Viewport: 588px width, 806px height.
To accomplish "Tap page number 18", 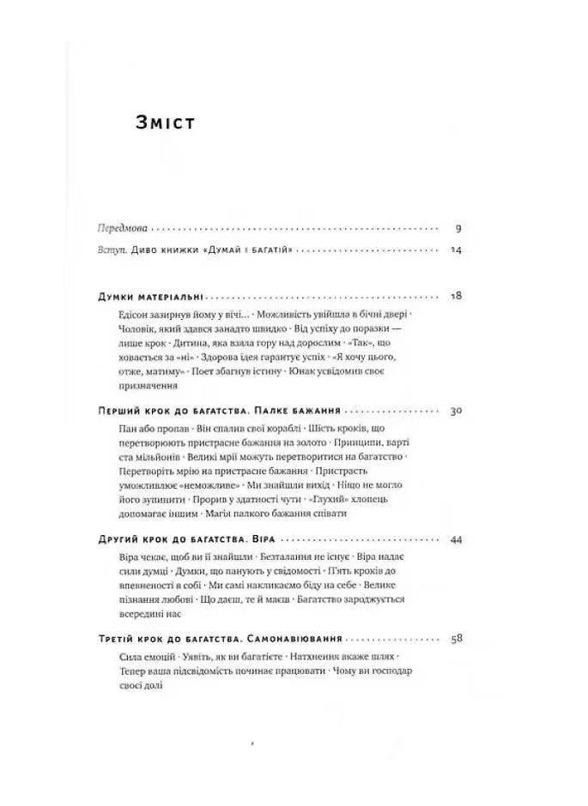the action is click(x=456, y=297).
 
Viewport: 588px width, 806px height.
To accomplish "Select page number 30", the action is click(x=456, y=411).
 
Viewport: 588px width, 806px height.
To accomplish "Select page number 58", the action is click(x=456, y=639).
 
